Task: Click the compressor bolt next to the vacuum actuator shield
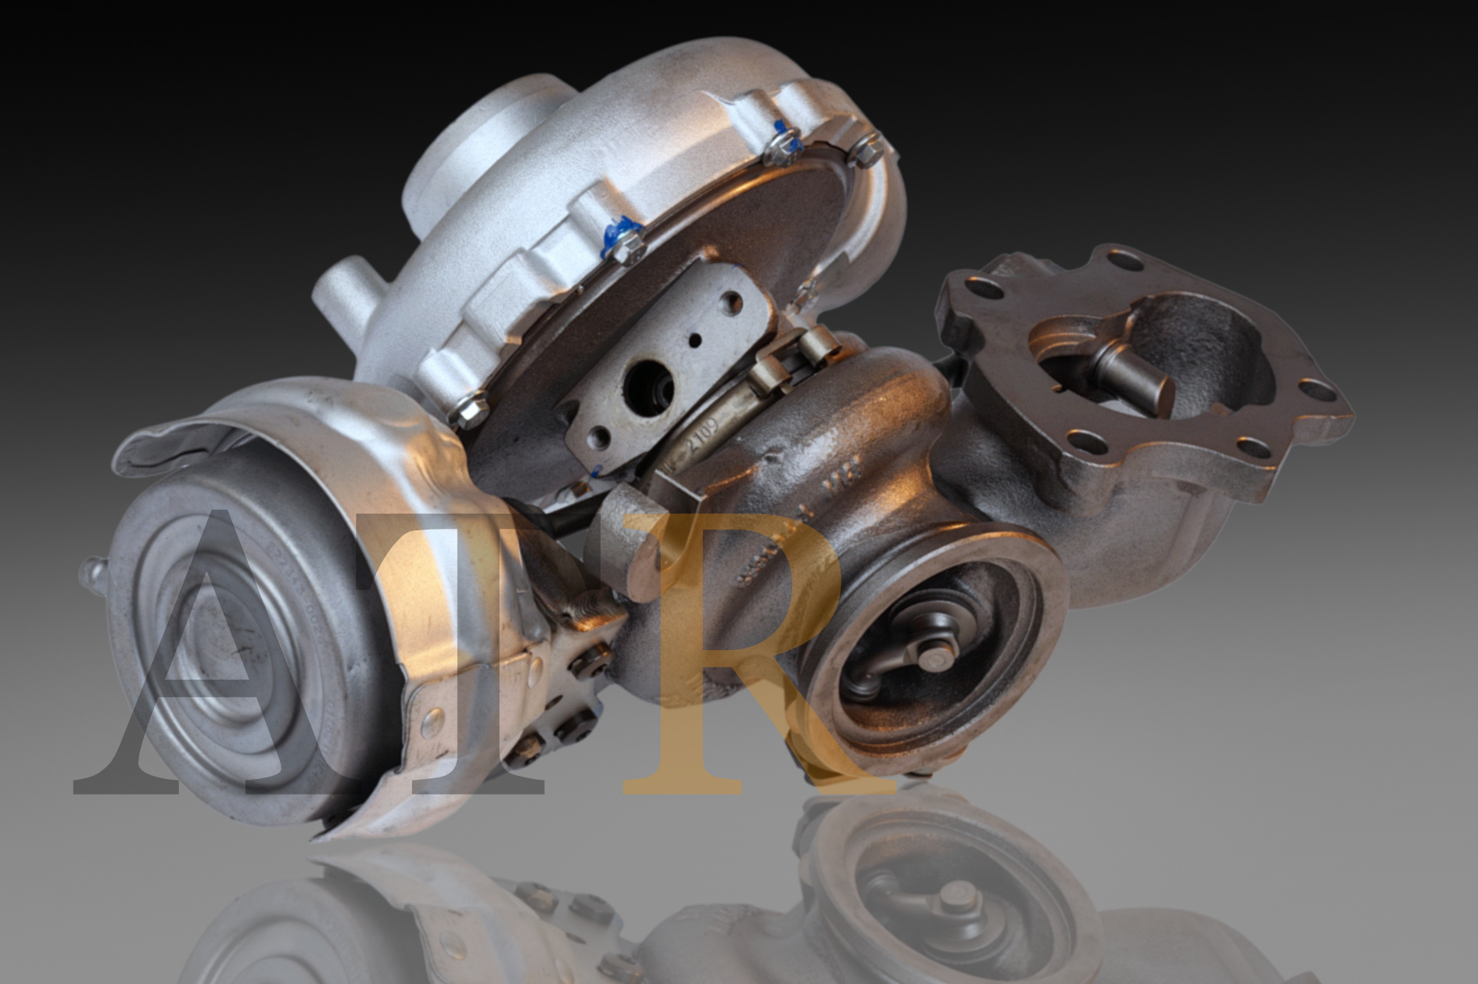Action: pyautogui.click(x=471, y=410)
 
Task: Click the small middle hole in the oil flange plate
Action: pyautogui.click(x=695, y=339)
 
